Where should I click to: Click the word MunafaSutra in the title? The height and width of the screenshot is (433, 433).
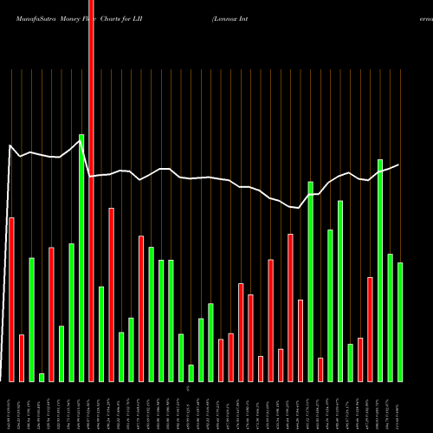29,8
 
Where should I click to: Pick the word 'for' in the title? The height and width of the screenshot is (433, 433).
151,8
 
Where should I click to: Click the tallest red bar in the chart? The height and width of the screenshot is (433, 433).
91,191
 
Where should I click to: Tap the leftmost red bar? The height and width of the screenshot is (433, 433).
11,299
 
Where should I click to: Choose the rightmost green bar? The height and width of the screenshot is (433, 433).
400,321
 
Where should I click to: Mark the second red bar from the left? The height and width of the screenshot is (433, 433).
22,358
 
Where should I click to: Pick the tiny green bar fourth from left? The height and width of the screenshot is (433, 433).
42,377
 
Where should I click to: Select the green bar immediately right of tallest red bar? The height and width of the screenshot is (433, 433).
101,333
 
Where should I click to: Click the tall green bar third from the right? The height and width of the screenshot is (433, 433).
380,270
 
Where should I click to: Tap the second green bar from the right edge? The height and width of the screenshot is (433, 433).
391,317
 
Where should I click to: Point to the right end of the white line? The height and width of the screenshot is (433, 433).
399,165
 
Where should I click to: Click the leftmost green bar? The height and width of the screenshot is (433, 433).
31,320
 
